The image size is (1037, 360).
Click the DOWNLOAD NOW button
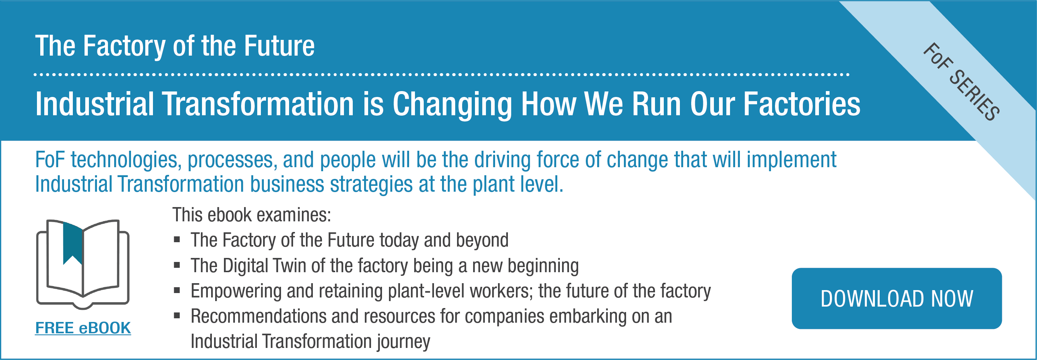pos(896,299)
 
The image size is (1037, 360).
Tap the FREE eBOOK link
pos(83,328)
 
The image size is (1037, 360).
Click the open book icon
pos(83,264)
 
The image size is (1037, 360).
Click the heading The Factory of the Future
pos(175,45)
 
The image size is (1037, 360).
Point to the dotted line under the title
pos(442,75)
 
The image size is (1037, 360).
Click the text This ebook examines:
pos(252,215)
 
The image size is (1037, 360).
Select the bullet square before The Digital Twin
pos(177,265)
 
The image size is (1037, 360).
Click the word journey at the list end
pos(403,341)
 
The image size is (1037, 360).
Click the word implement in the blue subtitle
pos(791,160)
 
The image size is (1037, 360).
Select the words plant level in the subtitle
pos(517,184)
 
